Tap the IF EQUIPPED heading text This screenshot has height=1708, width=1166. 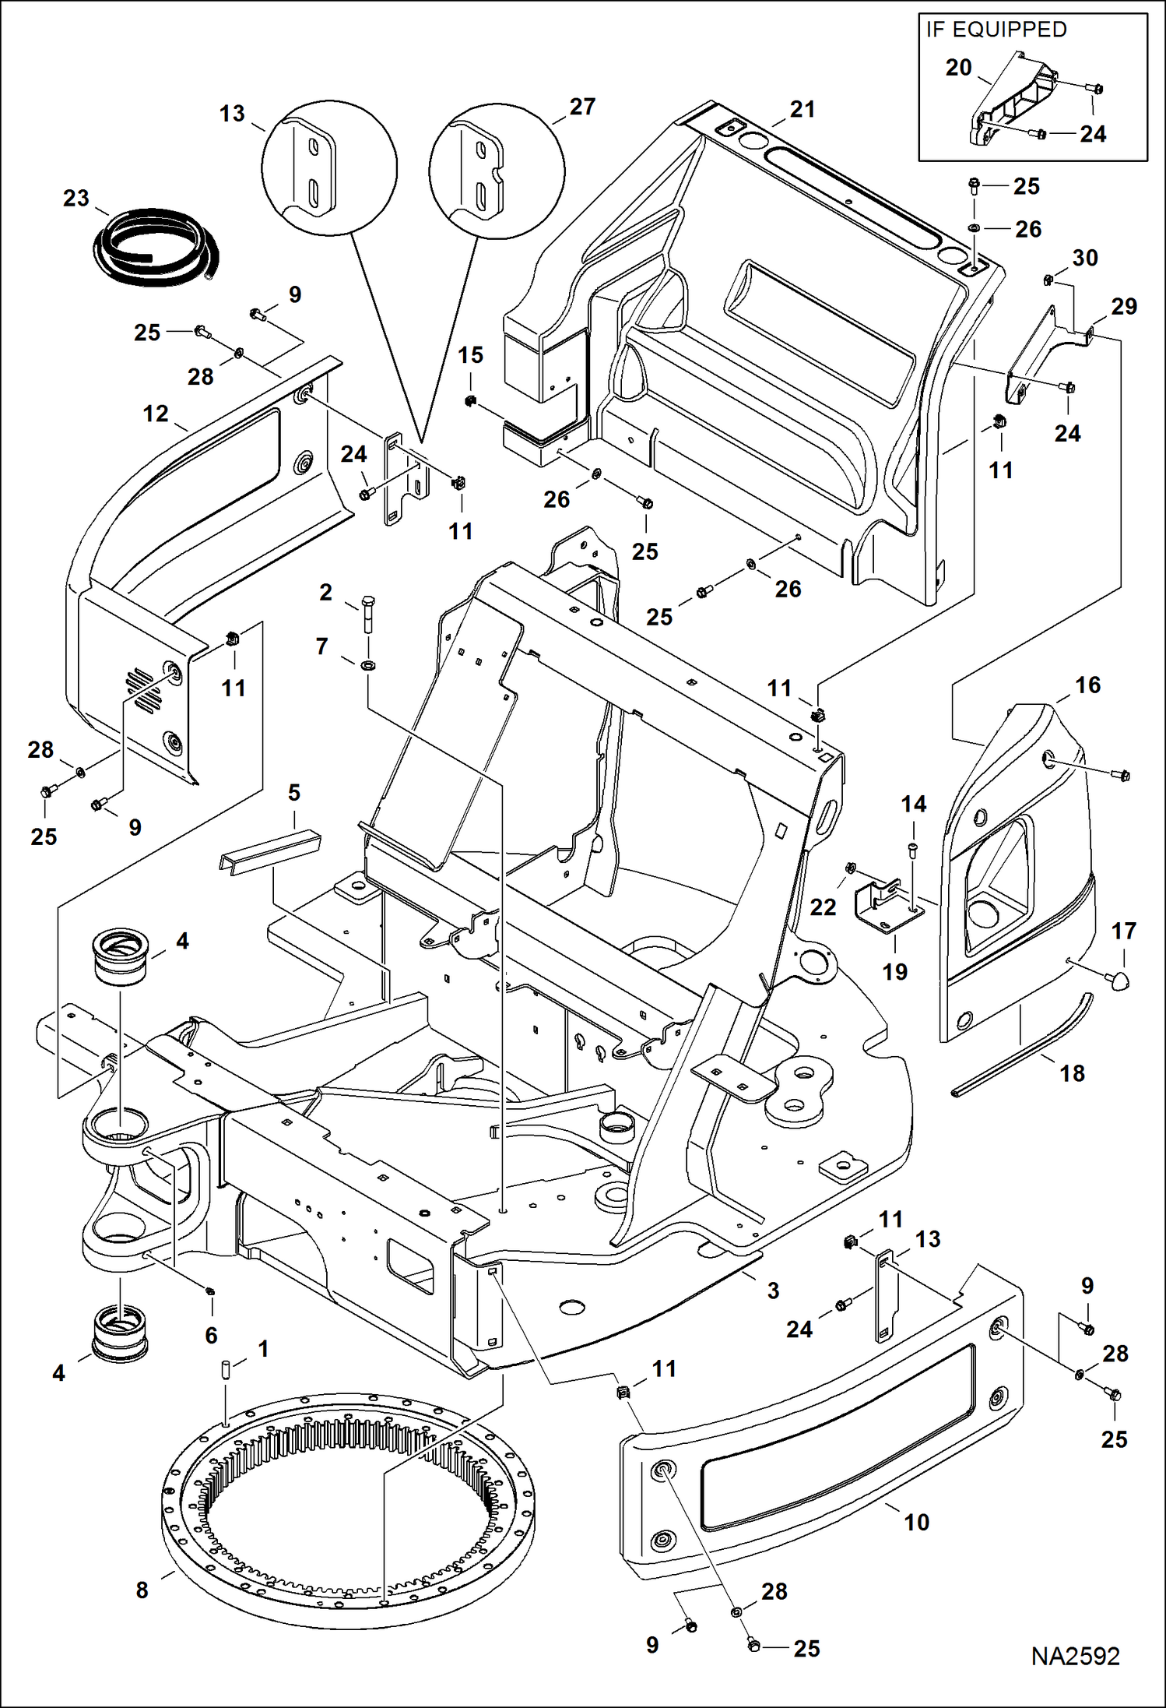tap(996, 30)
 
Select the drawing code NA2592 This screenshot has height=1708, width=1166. tap(1075, 1657)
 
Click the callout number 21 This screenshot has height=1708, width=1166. tap(802, 109)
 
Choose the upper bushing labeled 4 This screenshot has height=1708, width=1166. tap(121, 956)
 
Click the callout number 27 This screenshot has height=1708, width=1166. tap(582, 107)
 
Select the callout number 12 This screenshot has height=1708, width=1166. tap(156, 414)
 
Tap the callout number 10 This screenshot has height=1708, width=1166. tap(916, 1522)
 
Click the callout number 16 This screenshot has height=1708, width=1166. tap(1087, 685)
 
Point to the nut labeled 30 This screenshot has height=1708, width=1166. tap(1048, 280)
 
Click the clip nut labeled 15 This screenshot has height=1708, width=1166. tap(469, 401)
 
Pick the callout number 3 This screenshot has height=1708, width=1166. tap(773, 1291)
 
